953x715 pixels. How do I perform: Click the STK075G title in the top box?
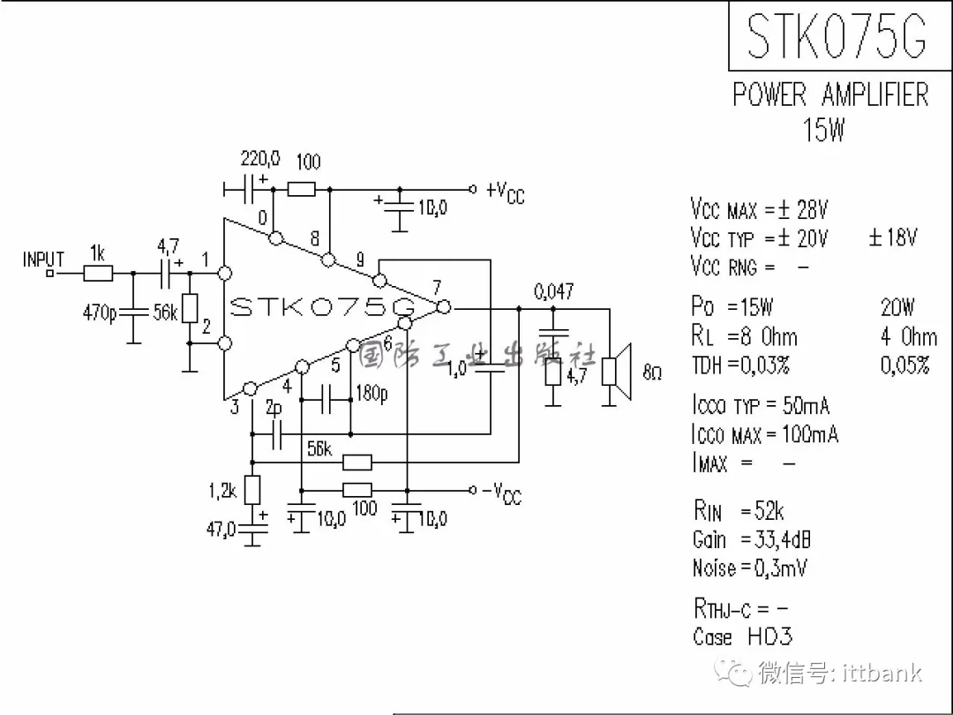coord(836,36)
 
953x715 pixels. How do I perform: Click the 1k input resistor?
coord(98,274)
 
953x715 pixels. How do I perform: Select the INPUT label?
coord(44,260)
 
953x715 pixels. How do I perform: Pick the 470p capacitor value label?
coord(100,312)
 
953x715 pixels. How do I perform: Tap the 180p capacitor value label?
coord(371,394)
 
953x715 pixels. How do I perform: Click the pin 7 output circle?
coord(444,307)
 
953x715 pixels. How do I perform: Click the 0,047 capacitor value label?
coord(553,290)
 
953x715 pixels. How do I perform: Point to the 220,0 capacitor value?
coord(260,159)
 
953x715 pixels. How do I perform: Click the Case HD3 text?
coord(742,636)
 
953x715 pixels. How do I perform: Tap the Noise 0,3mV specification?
coord(749,568)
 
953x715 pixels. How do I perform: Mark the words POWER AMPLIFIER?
coord(830,95)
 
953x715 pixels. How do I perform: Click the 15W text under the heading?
coord(823,131)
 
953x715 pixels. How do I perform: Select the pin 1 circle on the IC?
coord(224,274)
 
